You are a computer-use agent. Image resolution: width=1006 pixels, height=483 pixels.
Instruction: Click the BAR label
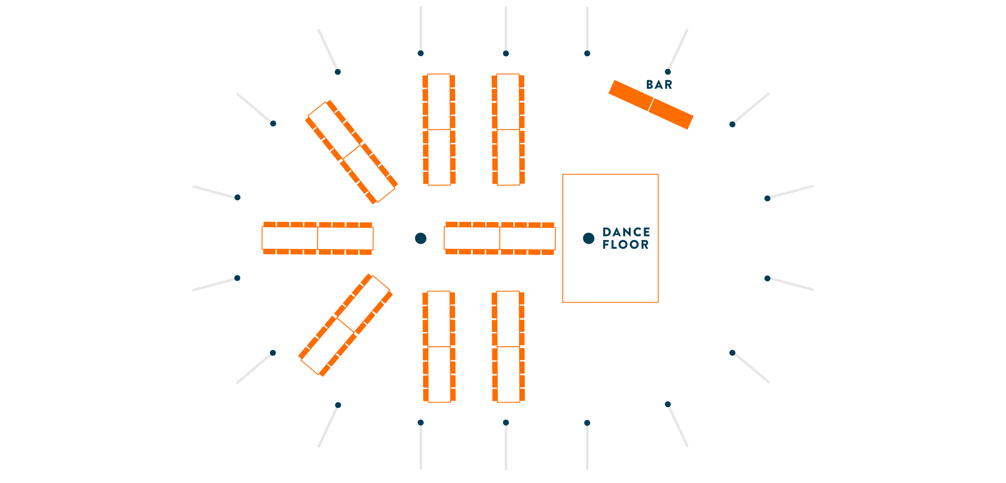(659, 84)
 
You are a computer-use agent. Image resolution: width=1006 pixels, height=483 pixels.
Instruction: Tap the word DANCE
(626, 232)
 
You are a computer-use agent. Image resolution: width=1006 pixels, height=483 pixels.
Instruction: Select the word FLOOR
(626, 244)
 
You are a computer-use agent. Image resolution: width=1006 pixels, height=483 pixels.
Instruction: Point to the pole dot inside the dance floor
(588, 238)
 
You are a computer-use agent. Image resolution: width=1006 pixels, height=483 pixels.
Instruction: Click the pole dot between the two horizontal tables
(420, 238)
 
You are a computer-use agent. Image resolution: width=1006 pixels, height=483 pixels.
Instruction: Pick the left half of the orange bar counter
(631, 95)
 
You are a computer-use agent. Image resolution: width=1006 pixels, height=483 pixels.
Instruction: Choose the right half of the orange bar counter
(671, 114)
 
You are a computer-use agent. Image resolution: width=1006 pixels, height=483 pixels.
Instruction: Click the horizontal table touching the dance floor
(499, 238)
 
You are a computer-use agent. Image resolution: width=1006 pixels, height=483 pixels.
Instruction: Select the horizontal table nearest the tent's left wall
(318, 238)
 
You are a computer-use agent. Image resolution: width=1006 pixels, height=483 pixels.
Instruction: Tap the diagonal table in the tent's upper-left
(351, 152)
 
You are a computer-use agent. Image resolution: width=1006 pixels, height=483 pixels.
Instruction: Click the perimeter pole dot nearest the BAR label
(668, 72)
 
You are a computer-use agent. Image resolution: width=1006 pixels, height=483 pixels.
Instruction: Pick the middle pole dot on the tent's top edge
(506, 53)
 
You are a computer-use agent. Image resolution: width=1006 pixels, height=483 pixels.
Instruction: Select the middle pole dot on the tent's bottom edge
(506, 422)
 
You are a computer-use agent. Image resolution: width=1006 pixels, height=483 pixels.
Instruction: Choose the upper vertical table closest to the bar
(508, 129)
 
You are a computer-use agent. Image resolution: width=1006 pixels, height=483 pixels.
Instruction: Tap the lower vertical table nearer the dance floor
(508, 347)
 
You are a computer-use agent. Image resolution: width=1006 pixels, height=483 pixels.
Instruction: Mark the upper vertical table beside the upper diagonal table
(439, 129)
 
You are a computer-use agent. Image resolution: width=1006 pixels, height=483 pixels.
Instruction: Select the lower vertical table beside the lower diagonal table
(439, 347)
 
